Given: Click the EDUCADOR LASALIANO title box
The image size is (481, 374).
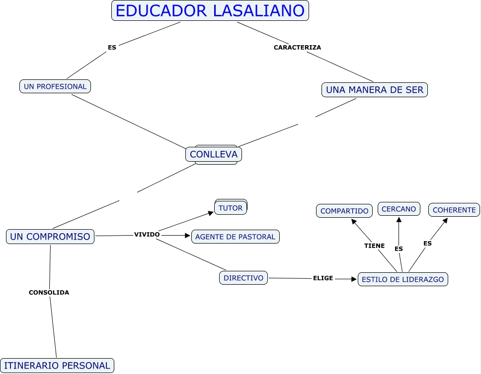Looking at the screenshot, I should point(210,10).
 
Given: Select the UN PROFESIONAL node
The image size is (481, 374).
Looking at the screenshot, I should point(55,86).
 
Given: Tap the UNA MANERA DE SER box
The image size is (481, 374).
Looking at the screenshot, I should point(374,90).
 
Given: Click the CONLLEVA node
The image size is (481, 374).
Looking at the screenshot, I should point(214,154).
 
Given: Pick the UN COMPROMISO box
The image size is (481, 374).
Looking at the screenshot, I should point(50,237).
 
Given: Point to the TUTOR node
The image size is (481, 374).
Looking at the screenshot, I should point(231,208).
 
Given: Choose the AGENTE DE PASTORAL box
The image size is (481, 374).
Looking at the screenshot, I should point(235,237).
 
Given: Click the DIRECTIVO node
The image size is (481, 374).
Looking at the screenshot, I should point(243,278).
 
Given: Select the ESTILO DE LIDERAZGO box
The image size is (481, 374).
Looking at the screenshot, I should point(402,279).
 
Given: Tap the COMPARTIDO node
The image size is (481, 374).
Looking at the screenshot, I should point(344,211).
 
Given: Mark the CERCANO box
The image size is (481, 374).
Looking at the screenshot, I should point(399,209).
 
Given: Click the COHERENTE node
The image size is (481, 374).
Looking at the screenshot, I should point(454,210).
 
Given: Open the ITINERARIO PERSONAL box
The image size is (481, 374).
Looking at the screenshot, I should point(57,366).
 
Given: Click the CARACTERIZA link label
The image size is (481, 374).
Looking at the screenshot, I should point(297,48).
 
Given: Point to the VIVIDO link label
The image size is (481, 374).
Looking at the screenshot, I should point(147,234).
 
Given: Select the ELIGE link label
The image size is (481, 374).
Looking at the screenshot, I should point(322,278).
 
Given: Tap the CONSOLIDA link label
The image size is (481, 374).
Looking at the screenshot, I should point(49,292).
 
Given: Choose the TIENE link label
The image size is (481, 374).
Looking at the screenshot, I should point(374,246).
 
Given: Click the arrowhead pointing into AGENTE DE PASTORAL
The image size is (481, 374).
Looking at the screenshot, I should point(188,235).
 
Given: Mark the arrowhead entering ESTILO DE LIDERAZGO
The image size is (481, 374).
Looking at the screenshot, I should point(354,279).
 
